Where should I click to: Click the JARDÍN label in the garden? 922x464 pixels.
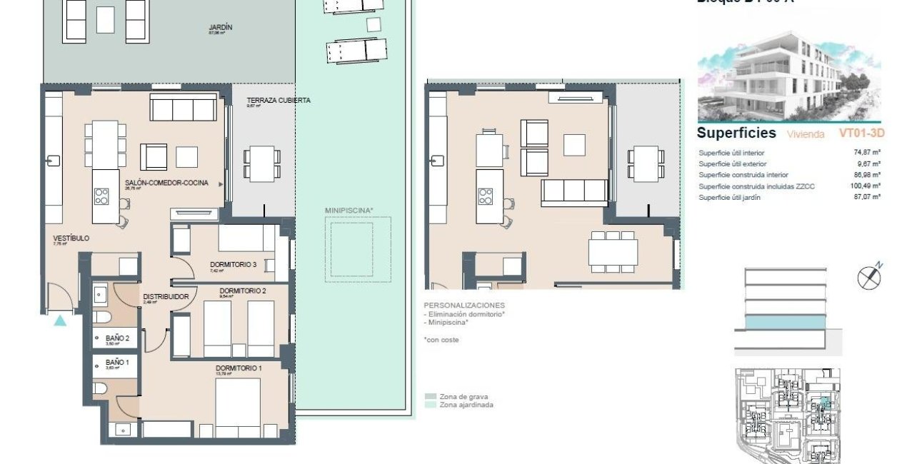coord(221,28)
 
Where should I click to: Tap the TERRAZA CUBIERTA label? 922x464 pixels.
coord(278,101)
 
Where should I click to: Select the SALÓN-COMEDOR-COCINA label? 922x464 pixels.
coord(166,183)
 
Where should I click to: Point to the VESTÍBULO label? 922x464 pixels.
coord(71,238)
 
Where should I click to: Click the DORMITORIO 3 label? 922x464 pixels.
coord(233,265)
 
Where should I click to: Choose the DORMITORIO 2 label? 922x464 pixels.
coord(243,291)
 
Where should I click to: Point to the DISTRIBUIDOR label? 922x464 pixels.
coord(166,296)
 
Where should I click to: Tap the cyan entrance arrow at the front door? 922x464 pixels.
coord(60,321)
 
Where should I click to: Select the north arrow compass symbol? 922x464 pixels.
coord(869,276)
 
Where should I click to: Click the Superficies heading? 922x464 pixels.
coord(736,133)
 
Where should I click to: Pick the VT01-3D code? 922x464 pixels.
coord(862,133)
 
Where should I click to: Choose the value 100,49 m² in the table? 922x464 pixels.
coord(866,186)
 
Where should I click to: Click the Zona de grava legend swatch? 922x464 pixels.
coord(431,396)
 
